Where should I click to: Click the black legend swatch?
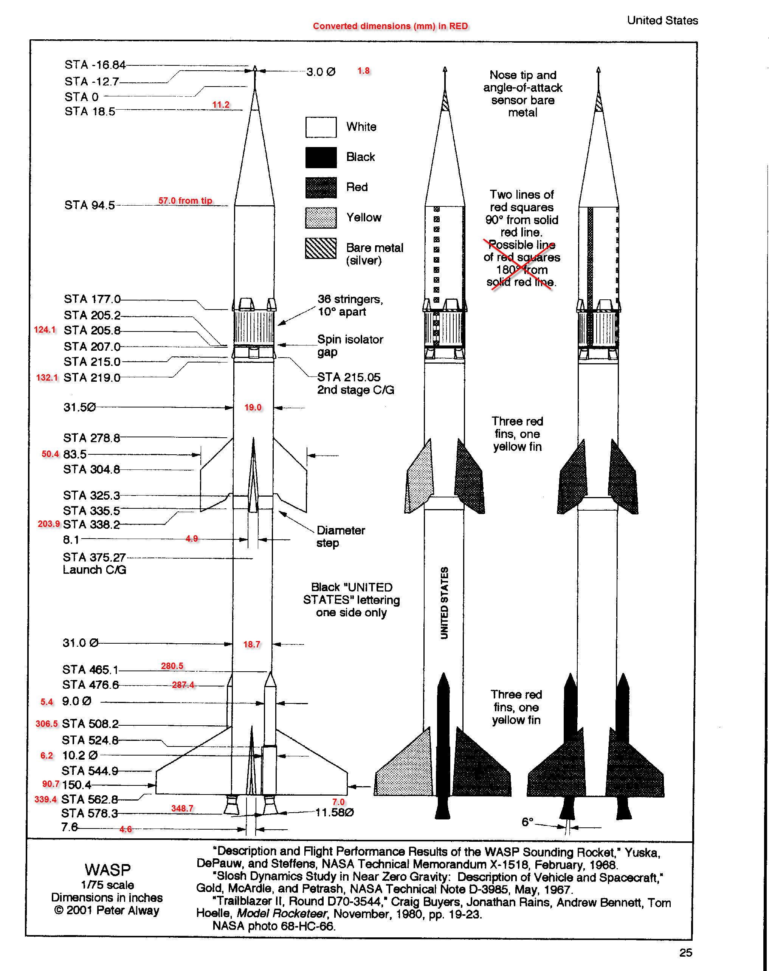(x=321, y=157)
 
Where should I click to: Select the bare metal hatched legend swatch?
(x=321, y=248)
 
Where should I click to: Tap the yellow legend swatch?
(x=321, y=218)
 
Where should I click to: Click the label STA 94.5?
(x=90, y=205)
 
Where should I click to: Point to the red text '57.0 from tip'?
(x=185, y=201)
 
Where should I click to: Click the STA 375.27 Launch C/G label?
(x=94, y=564)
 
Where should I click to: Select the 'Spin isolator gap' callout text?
(x=350, y=345)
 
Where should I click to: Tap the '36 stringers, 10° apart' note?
(x=350, y=305)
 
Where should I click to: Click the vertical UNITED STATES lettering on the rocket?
(x=444, y=602)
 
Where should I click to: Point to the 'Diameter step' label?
(x=340, y=536)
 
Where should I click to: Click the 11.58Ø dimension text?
(x=335, y=813)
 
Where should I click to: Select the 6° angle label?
(x=527, y=822)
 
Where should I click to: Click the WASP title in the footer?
(x=108, y=869)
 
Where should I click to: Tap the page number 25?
(x=686, y=952)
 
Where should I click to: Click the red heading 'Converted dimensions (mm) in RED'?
(x=390, y=26)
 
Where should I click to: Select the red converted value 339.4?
(x=45, y=799)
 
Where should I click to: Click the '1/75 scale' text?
(x=108, y=885)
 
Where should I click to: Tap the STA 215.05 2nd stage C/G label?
(x=355, y=384)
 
